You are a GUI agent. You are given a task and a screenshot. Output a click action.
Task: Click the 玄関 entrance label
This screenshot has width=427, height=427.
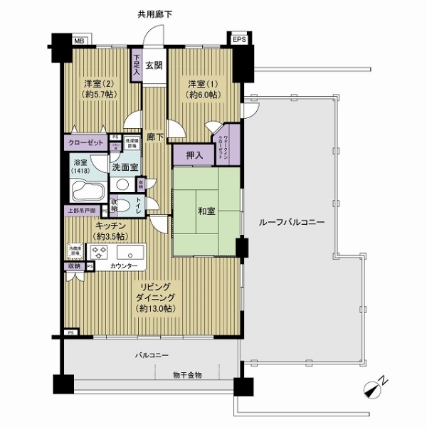point(153,65)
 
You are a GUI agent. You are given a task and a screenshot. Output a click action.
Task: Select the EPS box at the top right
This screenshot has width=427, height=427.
point(238,40)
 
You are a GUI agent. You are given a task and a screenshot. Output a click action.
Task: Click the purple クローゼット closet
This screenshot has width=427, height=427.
point(86,142)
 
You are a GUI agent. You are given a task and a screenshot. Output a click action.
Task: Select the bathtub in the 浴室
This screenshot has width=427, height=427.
point(88,190)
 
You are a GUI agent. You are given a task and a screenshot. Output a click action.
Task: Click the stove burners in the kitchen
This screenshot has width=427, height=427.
point(97,252)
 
